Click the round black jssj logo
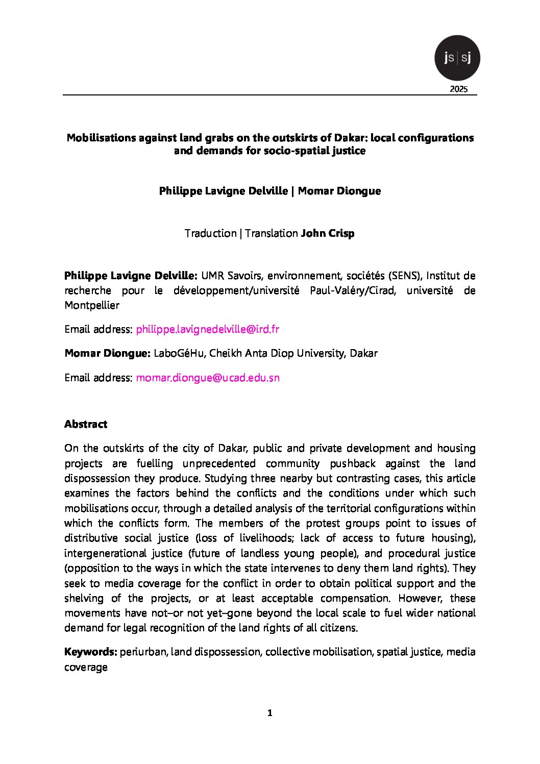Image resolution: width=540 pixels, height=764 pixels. (x=457, y=58)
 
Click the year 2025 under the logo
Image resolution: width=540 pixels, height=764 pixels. (x=458, y=89)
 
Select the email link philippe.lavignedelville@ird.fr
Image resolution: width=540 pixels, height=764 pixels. (x=207, y=329)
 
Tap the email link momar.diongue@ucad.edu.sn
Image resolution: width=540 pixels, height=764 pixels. (x=207, y=378)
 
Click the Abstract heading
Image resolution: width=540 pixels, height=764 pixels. (x=86, y=424)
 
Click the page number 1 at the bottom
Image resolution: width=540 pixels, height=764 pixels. (x=269, y=713)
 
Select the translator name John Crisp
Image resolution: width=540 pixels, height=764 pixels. (x=327, y=233)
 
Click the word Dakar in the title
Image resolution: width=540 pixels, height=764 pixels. (x=350, y=138)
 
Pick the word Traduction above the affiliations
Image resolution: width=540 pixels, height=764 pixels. (x=210, y=233)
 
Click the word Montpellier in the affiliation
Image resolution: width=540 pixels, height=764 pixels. (x=92, y=306)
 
